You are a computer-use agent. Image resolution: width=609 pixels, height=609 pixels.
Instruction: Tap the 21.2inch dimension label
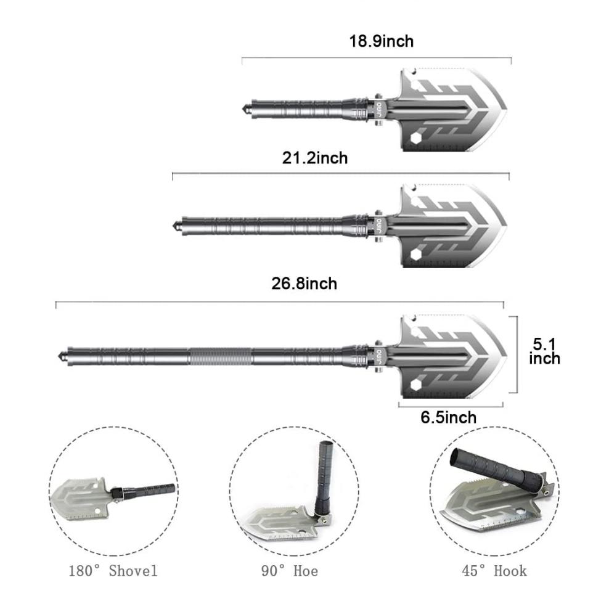tap(315, 158)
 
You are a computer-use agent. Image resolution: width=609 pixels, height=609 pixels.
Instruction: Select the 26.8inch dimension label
tap(304, 284)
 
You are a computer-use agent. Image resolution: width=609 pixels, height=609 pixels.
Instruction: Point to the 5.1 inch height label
tap(544, 350)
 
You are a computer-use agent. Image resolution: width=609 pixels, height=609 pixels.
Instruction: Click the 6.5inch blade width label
tap(448, 417)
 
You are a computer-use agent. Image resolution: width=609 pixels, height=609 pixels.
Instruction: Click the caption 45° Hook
tap(494, 570)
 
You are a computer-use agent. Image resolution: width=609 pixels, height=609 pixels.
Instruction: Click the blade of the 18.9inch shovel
tap(453, 110)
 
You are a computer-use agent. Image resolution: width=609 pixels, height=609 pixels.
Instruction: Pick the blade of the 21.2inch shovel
tap(453, 224)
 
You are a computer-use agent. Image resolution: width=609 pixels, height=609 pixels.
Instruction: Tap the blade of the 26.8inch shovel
tap(453, 357)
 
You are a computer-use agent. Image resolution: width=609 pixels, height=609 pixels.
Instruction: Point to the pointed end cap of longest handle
tap(60, 356)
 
